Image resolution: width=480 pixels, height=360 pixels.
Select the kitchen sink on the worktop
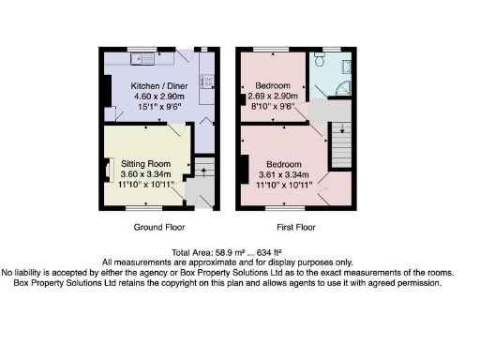(x=142, y=59)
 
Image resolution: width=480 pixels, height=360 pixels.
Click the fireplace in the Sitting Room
(x=108, y=171)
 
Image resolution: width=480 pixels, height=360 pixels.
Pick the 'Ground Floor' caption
(x=158, y=228)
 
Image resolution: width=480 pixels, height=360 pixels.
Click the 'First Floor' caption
(x=295, y=228)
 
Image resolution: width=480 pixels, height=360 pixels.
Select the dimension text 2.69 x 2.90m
(x=272, y=97)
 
